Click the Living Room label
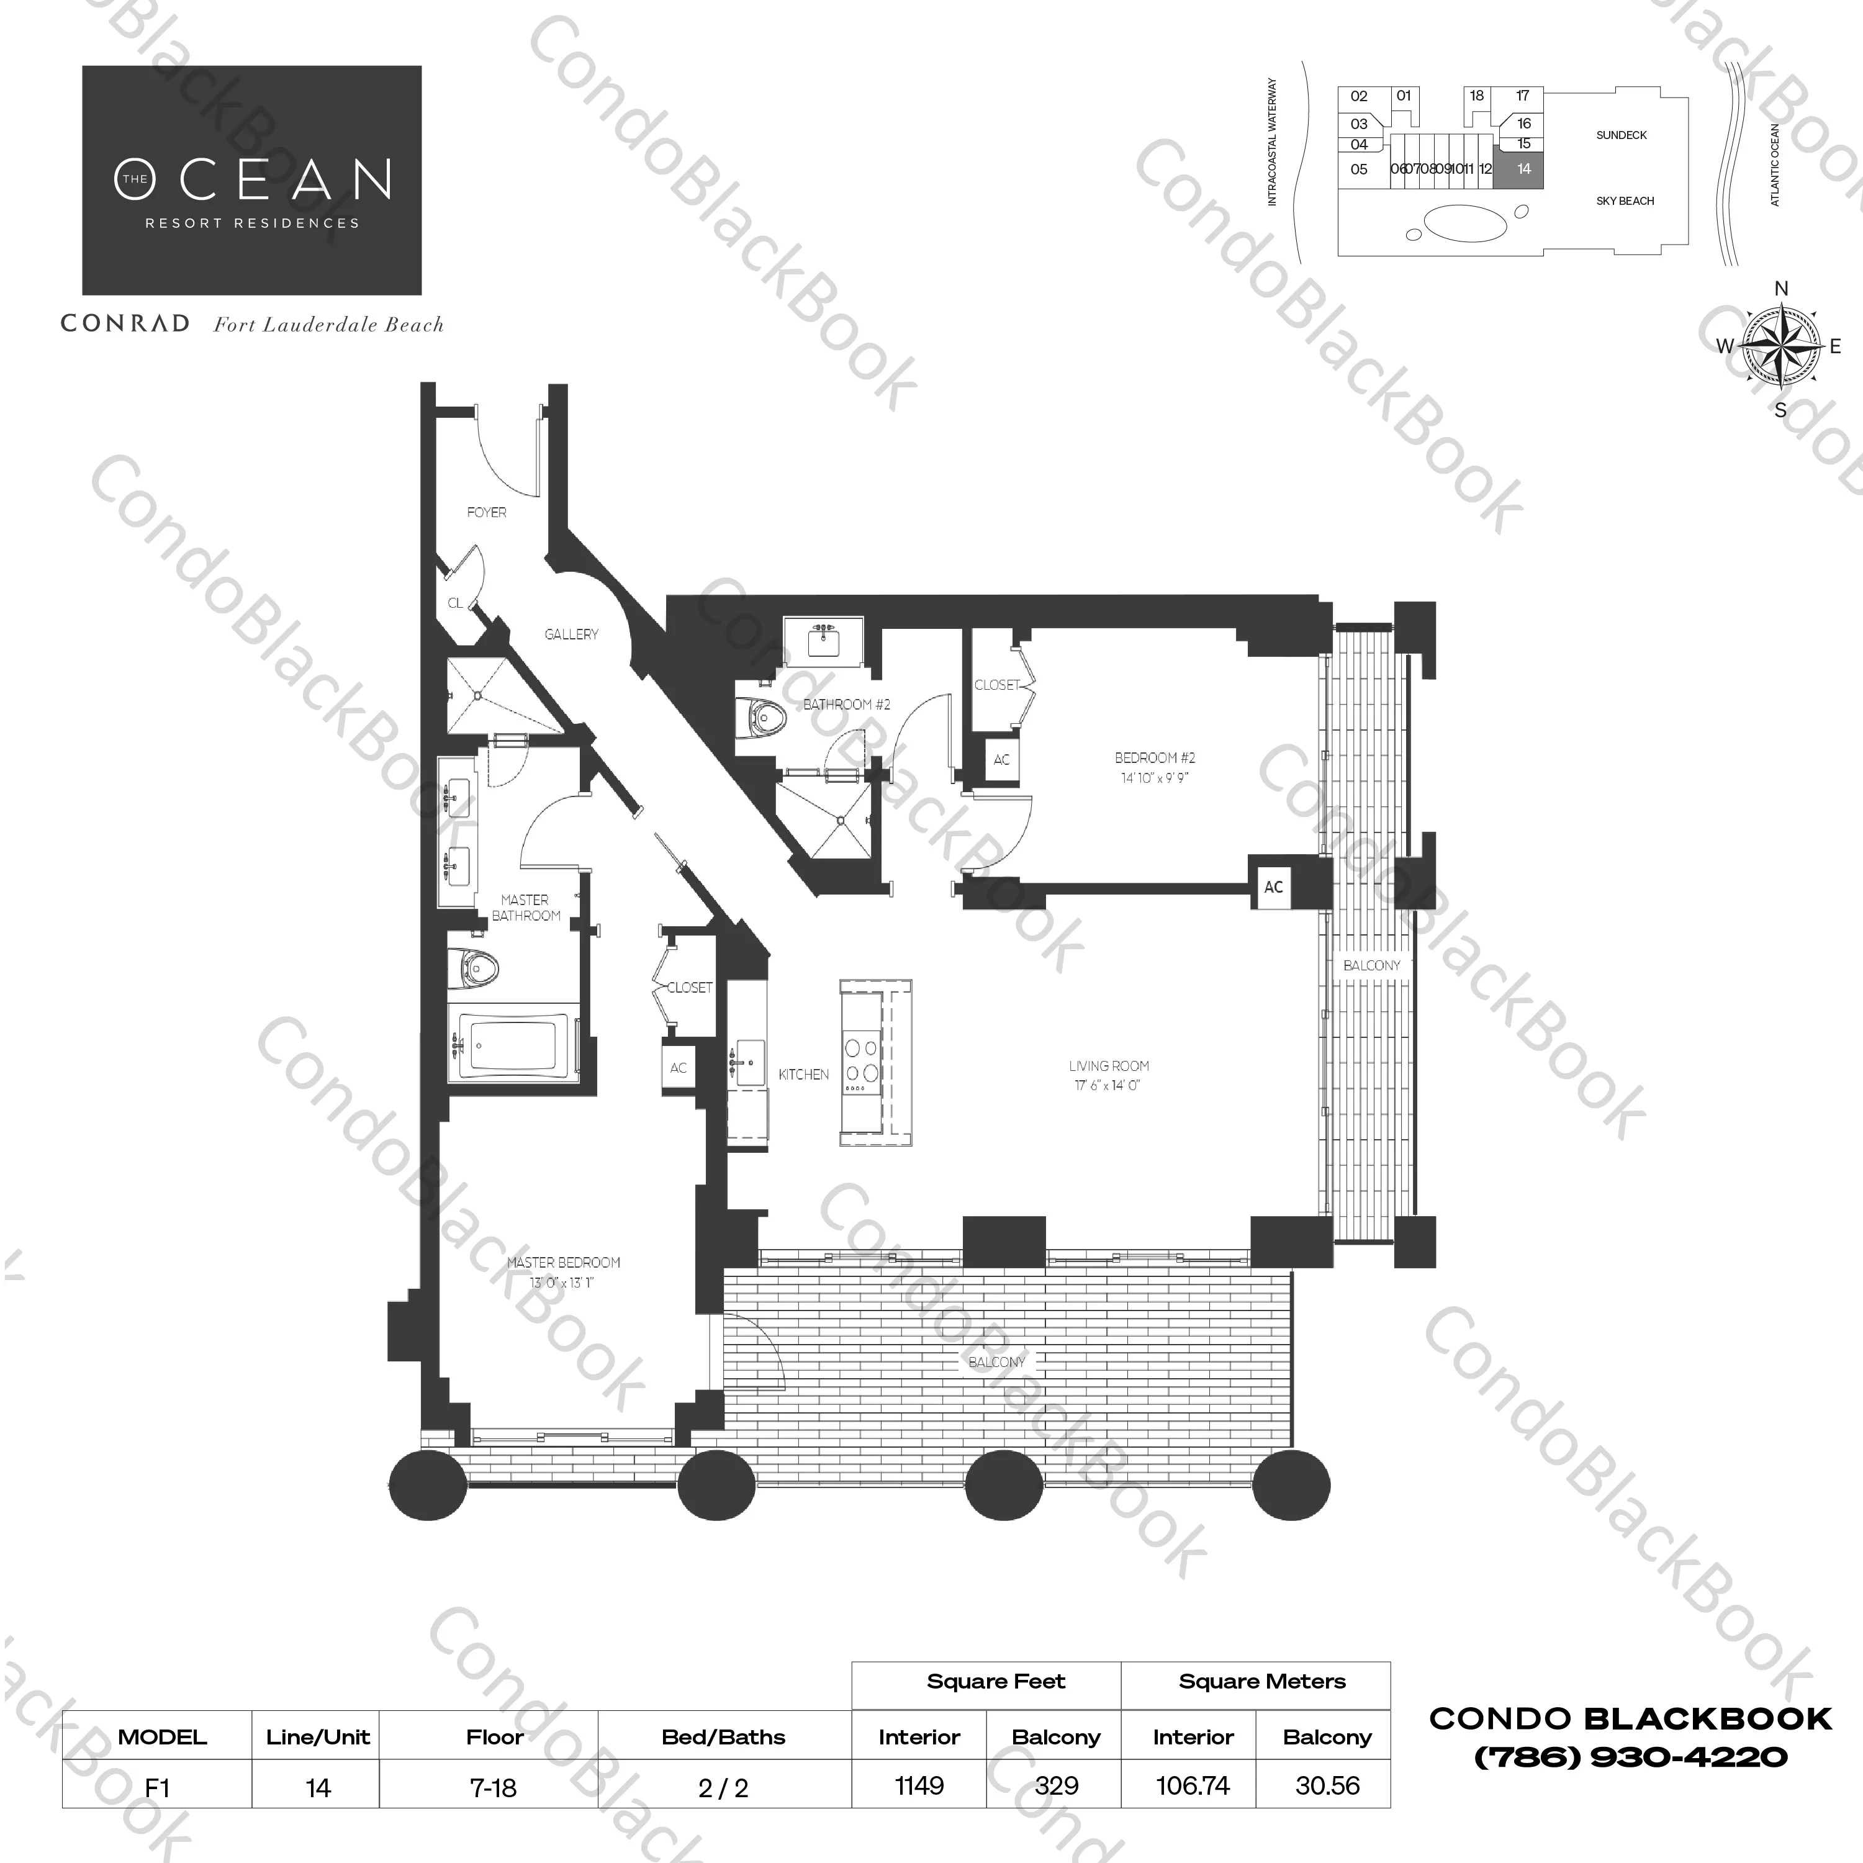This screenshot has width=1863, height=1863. (x=1108, y=1065)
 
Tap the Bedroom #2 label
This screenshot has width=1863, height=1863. (x=1154, y=758)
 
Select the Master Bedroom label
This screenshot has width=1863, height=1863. (x=563, y=1262)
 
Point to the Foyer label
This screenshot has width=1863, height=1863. (x=486, y=512)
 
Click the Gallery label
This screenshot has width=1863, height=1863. (x=571, y=634)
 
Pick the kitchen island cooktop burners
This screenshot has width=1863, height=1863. (x=861, y=1061)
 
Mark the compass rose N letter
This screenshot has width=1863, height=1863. (x=1781, y=288)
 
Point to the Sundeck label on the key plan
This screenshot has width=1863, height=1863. (x=1621, y=135)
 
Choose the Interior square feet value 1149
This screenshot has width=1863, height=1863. (x=918, y=1786)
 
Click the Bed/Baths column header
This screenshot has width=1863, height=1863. (x=723, y=1737)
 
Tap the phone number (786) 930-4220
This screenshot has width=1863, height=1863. (x=1631, y=1757)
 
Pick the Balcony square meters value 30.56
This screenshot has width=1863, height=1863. (x=1327, y=1786)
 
